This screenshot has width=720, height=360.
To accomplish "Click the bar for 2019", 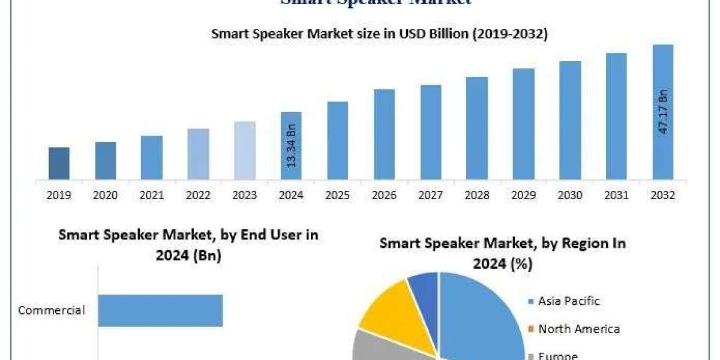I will click(59, 163).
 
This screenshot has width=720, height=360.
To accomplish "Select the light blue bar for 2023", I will click(245, 151).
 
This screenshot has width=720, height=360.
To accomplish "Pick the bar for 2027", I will click(430, 132).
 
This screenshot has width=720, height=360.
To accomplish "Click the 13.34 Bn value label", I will click(292, 146).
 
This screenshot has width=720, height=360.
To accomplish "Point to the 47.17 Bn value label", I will click(663, 112).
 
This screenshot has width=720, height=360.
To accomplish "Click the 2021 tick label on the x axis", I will click(152, 196).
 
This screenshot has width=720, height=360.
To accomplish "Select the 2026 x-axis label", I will click(384, 196).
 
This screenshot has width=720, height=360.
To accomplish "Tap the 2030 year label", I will click(570, 196).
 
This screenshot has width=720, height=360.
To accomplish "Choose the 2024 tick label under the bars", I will click(291, 196).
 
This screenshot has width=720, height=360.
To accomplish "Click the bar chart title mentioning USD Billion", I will click(379, 35).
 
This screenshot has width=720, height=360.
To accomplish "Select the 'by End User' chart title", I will click(188, 245).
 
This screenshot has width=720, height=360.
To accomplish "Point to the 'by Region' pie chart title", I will click(503, 253).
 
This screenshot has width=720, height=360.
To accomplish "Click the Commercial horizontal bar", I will click(160, 310).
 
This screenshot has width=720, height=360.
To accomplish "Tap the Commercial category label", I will click(52, 310).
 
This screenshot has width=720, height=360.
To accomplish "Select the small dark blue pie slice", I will click(425, 287).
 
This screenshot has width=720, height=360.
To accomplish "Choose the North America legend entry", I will click(578, 329).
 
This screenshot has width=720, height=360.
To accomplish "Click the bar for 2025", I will click(338, 140).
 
